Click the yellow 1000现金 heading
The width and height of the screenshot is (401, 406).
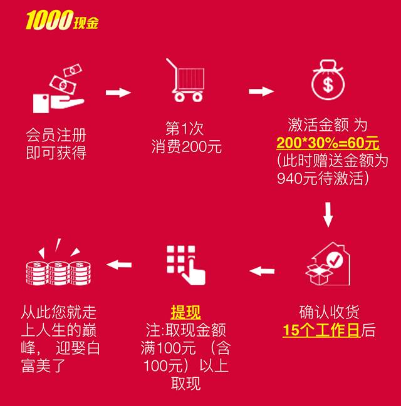pyautogui.click(x=61, y=22)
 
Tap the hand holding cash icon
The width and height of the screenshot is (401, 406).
pyautogui.click(x=57, y=91)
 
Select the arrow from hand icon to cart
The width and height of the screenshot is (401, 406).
pyautogui.click(x=118, y=93)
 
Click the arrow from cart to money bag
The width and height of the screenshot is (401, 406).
pyautogui.click(x=261, y=91)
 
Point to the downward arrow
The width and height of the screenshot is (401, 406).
pyautogui.click(x=328, y=215)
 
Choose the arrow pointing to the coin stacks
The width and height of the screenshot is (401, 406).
pyautogui.click(x=119, y=264)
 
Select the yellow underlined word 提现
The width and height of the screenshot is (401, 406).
pyautogui.click(x=185, y=311)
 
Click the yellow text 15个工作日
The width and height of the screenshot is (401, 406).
pyautogui.click(x=321, y=330)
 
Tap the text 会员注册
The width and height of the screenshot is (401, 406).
pyautogui.click(x=57, y=134)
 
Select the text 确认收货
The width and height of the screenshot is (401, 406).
pyautogui.click(x=328, y=312)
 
